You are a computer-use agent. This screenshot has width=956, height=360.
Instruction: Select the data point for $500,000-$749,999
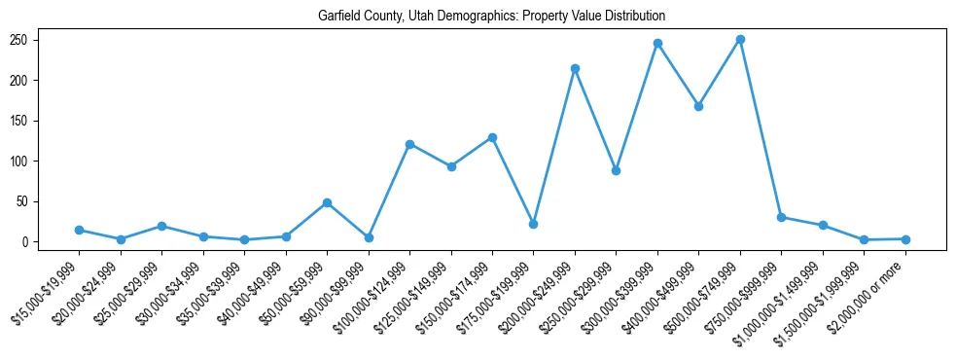coord(740,39)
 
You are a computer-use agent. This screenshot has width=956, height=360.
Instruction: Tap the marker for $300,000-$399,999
coord(657,43)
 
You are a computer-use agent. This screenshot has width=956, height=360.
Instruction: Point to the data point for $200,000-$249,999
coord(575,68)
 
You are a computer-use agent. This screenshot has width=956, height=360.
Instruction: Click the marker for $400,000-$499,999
coord(698,106)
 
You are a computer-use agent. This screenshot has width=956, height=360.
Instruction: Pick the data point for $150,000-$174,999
coord(492,137)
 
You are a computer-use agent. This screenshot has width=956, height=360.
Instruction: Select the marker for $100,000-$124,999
coord(409,144)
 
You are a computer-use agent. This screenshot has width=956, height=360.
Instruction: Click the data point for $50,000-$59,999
coord(327,202)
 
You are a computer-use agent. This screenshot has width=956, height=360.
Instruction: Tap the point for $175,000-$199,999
coord(533,224)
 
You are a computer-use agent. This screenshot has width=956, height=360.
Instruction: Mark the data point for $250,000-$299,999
coord(616,170)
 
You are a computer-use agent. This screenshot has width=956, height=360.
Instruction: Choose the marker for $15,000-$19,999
coord(79,230)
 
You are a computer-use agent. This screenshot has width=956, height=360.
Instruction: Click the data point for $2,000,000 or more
coord(905,238)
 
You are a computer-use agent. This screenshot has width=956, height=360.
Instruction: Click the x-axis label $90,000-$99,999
coord(338,287)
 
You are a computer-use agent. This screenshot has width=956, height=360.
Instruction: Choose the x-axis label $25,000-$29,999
coord(131,287)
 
